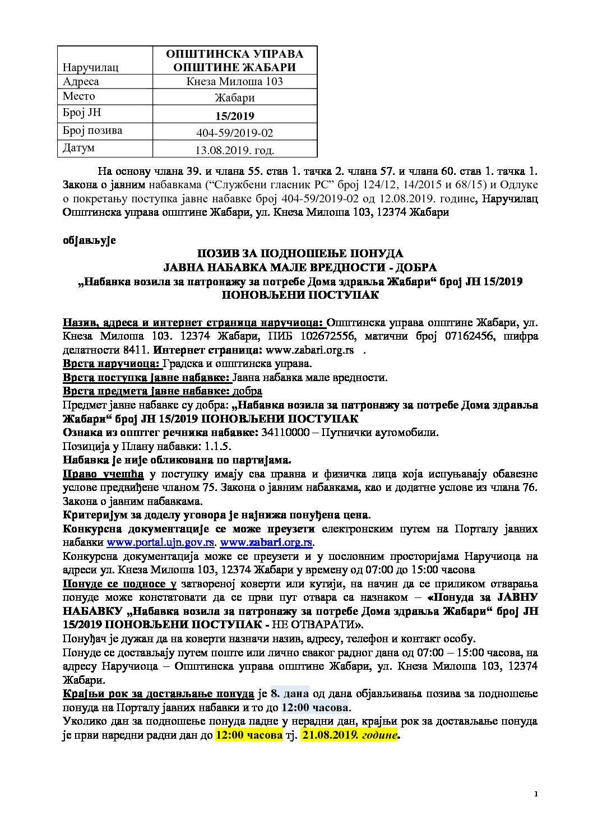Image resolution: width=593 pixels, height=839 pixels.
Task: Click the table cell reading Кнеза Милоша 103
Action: pyautogui.click(x=234, y=81)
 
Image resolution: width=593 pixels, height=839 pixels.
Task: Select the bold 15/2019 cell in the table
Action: pyautogui.click(x=234, y=116)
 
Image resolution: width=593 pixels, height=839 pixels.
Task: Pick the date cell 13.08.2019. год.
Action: pyautogui.click(x=234, y=150)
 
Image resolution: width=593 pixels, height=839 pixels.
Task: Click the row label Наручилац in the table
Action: pyautogui.click(x=91, y=67)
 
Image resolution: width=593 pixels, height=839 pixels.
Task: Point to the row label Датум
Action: pyautogui.click(x=79, y=149)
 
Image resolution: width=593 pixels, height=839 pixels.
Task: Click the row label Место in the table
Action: pyautogui.click(x=79, y=96)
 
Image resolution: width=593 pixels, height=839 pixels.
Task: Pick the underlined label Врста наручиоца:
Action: pyautogui.click(x=112, y=364)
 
